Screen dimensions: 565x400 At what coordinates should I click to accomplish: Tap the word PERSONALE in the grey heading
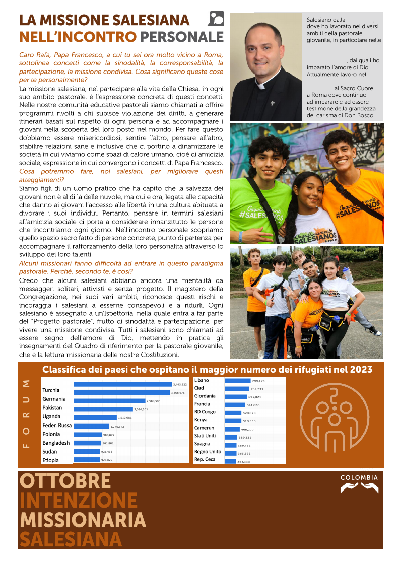coord(182,37)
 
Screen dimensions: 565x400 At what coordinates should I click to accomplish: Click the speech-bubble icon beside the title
coord(216,19)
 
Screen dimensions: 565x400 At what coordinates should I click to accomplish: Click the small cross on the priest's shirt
coord(272,103)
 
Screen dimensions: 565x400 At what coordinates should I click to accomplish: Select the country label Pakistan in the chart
coord(52,407)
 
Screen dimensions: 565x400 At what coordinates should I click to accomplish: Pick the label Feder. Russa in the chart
coord(57,425)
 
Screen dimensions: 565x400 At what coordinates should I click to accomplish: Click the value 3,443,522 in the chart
coord(179,384)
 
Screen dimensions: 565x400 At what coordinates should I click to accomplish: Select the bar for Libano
coord(237,381)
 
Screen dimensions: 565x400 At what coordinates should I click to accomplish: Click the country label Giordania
coord(205,396)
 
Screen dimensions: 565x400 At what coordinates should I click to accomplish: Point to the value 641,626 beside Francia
coord(253,404)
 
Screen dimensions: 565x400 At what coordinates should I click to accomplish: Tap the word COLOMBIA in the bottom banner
coord(359,477)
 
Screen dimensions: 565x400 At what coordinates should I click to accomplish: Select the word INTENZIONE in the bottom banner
coord(78,500)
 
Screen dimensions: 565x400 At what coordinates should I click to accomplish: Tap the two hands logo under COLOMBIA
coord(359,488)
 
